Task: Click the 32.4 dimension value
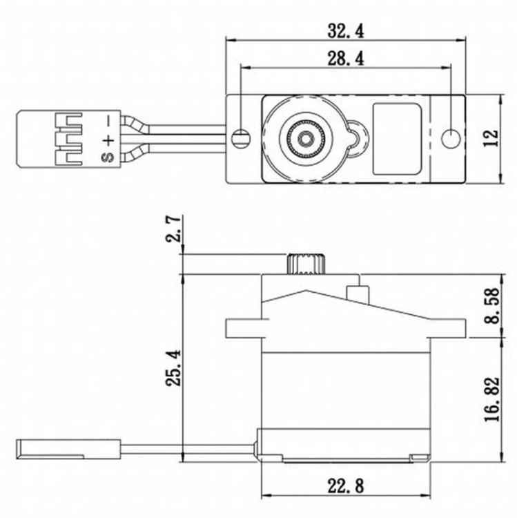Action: point(347,30)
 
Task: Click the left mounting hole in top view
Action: point(240,137)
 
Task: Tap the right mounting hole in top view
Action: point(451,137)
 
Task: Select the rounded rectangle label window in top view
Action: point(396,138)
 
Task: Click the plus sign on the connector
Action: point(108,140)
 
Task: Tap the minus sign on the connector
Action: point(108,123)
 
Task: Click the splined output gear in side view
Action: point(303,265)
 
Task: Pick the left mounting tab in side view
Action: point(243,328)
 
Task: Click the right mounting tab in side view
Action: point(448,328)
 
